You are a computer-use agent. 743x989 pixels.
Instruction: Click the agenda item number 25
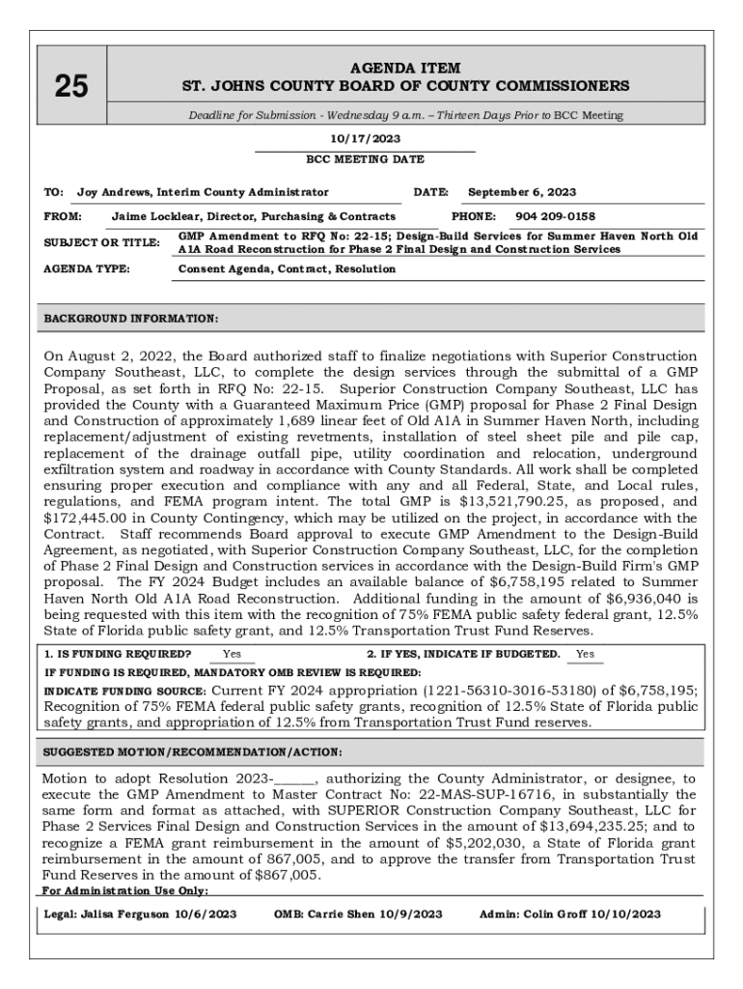point(70,87)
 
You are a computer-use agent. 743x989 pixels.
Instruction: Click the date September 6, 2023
point(521,192)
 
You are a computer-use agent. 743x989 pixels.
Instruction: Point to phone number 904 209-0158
point(555,216)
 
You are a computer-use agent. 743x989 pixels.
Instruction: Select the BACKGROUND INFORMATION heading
point(131,318)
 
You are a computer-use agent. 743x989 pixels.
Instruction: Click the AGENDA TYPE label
point(87,268)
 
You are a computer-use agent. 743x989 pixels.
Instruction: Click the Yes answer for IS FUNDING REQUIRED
point(233,654)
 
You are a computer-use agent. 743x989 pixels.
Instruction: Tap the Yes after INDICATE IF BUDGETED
point(585,654)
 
